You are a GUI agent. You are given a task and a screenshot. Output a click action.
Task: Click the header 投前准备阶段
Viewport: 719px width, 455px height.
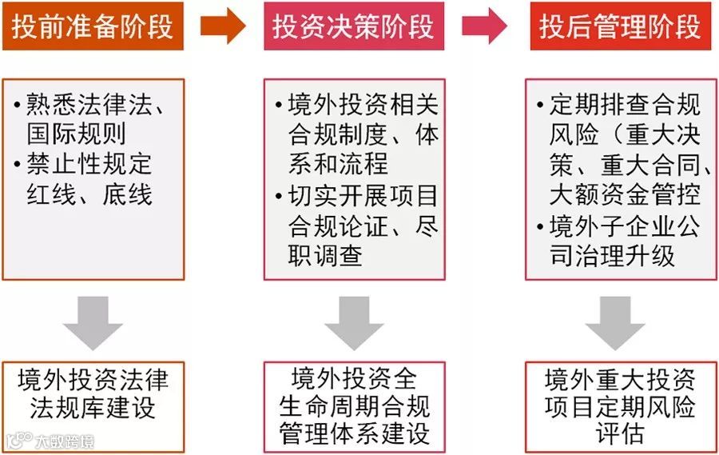(x=93, y=26)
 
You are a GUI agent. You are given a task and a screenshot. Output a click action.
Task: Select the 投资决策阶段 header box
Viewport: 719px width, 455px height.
(x=354, y=26)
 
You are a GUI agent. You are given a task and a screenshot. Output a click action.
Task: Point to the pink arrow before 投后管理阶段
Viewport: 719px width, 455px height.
(x=484, y=26)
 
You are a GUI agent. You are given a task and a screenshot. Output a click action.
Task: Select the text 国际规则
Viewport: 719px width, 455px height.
(x=76, y=134)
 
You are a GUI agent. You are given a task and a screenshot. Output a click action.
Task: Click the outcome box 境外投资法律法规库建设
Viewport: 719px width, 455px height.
(x=93, y=393)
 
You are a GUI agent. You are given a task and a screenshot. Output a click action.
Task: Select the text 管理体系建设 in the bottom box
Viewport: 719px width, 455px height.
(x=355, y=433)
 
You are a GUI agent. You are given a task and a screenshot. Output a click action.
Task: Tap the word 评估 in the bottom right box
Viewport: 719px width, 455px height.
(x=620, y=433)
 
